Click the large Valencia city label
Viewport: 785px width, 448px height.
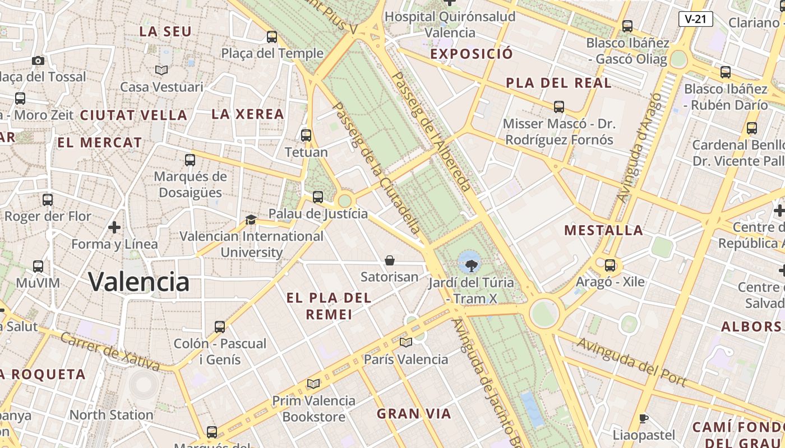139,281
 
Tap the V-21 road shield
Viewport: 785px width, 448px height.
695,19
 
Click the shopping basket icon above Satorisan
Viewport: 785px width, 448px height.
390,260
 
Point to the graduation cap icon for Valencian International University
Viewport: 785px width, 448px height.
251,220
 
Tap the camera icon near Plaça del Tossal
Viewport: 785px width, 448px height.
38,60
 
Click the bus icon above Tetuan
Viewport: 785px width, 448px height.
306,135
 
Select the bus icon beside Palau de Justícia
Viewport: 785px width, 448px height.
318,197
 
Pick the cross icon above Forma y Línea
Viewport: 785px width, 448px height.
114,227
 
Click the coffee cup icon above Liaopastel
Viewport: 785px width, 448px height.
644,418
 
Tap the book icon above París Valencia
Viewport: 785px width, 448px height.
406,342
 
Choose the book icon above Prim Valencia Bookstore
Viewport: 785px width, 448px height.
313,384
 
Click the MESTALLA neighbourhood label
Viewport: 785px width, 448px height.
603,230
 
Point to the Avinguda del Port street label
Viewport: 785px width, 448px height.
632,362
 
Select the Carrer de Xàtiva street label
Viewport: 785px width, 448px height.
109,351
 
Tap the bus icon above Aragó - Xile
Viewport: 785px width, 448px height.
610,265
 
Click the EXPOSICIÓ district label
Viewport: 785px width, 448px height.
472,54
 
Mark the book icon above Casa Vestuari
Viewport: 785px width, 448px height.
161,70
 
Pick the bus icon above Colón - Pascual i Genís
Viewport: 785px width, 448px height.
220,326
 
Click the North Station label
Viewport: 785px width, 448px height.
111,415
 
